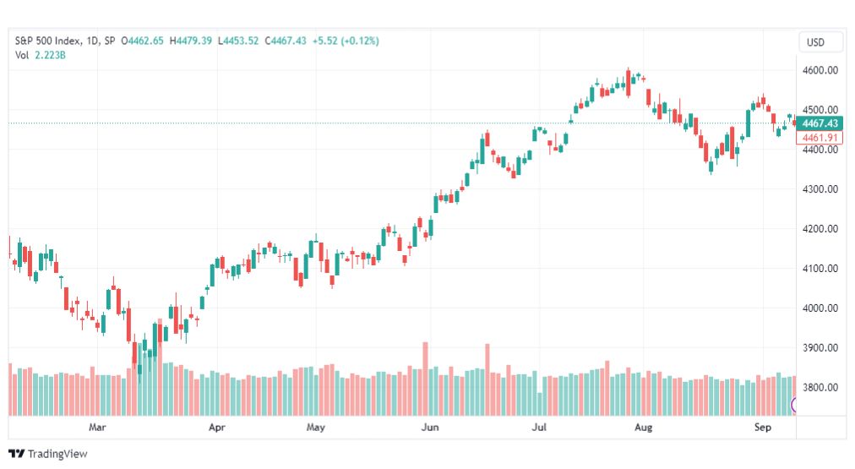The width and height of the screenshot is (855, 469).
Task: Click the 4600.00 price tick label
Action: click(x=820, y=70)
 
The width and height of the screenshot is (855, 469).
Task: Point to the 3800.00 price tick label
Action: click(x=820, y=387)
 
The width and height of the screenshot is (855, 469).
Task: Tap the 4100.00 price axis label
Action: click(x=820, y=269)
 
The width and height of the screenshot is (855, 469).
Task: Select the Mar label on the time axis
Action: click(x=97, y=427)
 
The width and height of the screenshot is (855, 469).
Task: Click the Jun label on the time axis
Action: click(x=430, y=427)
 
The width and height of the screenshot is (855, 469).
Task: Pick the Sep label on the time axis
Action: click(x=763, y=427)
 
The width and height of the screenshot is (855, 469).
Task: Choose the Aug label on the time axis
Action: click(x=644, y=427)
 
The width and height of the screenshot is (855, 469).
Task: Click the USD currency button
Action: click(x=816, y=42)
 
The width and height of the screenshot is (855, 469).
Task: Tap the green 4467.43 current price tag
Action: click(x=820, y=123)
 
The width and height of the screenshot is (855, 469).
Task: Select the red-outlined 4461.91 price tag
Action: click(x=820, y=138)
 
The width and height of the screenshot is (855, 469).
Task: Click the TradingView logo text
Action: click(x=57, y=454)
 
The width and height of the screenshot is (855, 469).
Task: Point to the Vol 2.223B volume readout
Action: click(x=41, y=55)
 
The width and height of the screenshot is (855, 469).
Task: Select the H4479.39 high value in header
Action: click(x=191, y=41)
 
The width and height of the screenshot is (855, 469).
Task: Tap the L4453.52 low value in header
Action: click(x=238, y=41)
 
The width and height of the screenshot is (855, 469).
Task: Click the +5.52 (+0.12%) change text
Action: click(x=346, y=41)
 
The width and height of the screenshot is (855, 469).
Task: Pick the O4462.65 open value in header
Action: click(x=142, y=41)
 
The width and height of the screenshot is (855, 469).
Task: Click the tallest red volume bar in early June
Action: click(x=425, y=379)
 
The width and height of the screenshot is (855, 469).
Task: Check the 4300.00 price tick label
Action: click(x=820, y=189)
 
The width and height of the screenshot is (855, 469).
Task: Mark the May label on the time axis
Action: click(x=316, y=427)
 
